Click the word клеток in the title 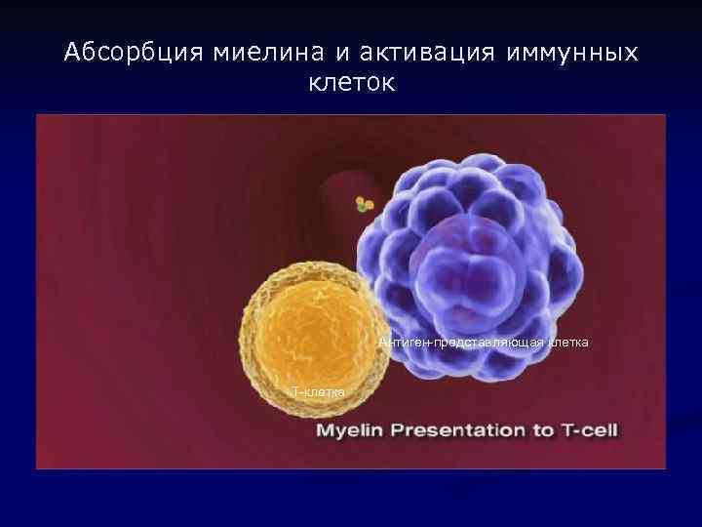(351, 84)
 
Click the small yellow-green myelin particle (365, 204)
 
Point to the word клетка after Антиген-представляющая (566, 342)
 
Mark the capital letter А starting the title (71, 53)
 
